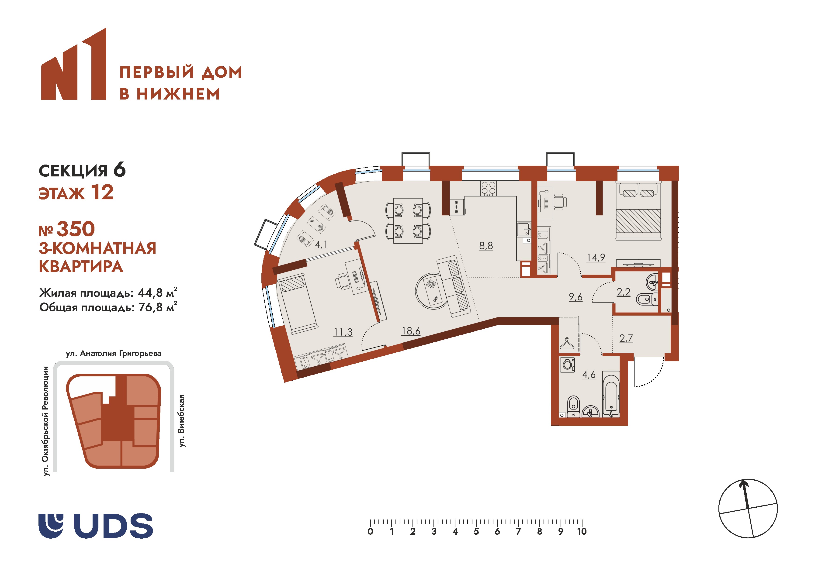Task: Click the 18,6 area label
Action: click(x=411, y=331)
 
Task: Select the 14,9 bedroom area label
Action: click(x=596, y=258)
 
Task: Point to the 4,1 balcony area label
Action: click(x=321, y=245)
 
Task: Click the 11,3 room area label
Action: click(x=343, y=332)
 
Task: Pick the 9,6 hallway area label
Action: click(x=576, y=297)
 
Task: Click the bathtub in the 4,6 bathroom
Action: click(x=611, y=394)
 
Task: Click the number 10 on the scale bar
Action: click(x=582, y=532)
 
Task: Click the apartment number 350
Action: click(x=76, y=229)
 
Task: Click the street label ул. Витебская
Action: click(x=182, y=421)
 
